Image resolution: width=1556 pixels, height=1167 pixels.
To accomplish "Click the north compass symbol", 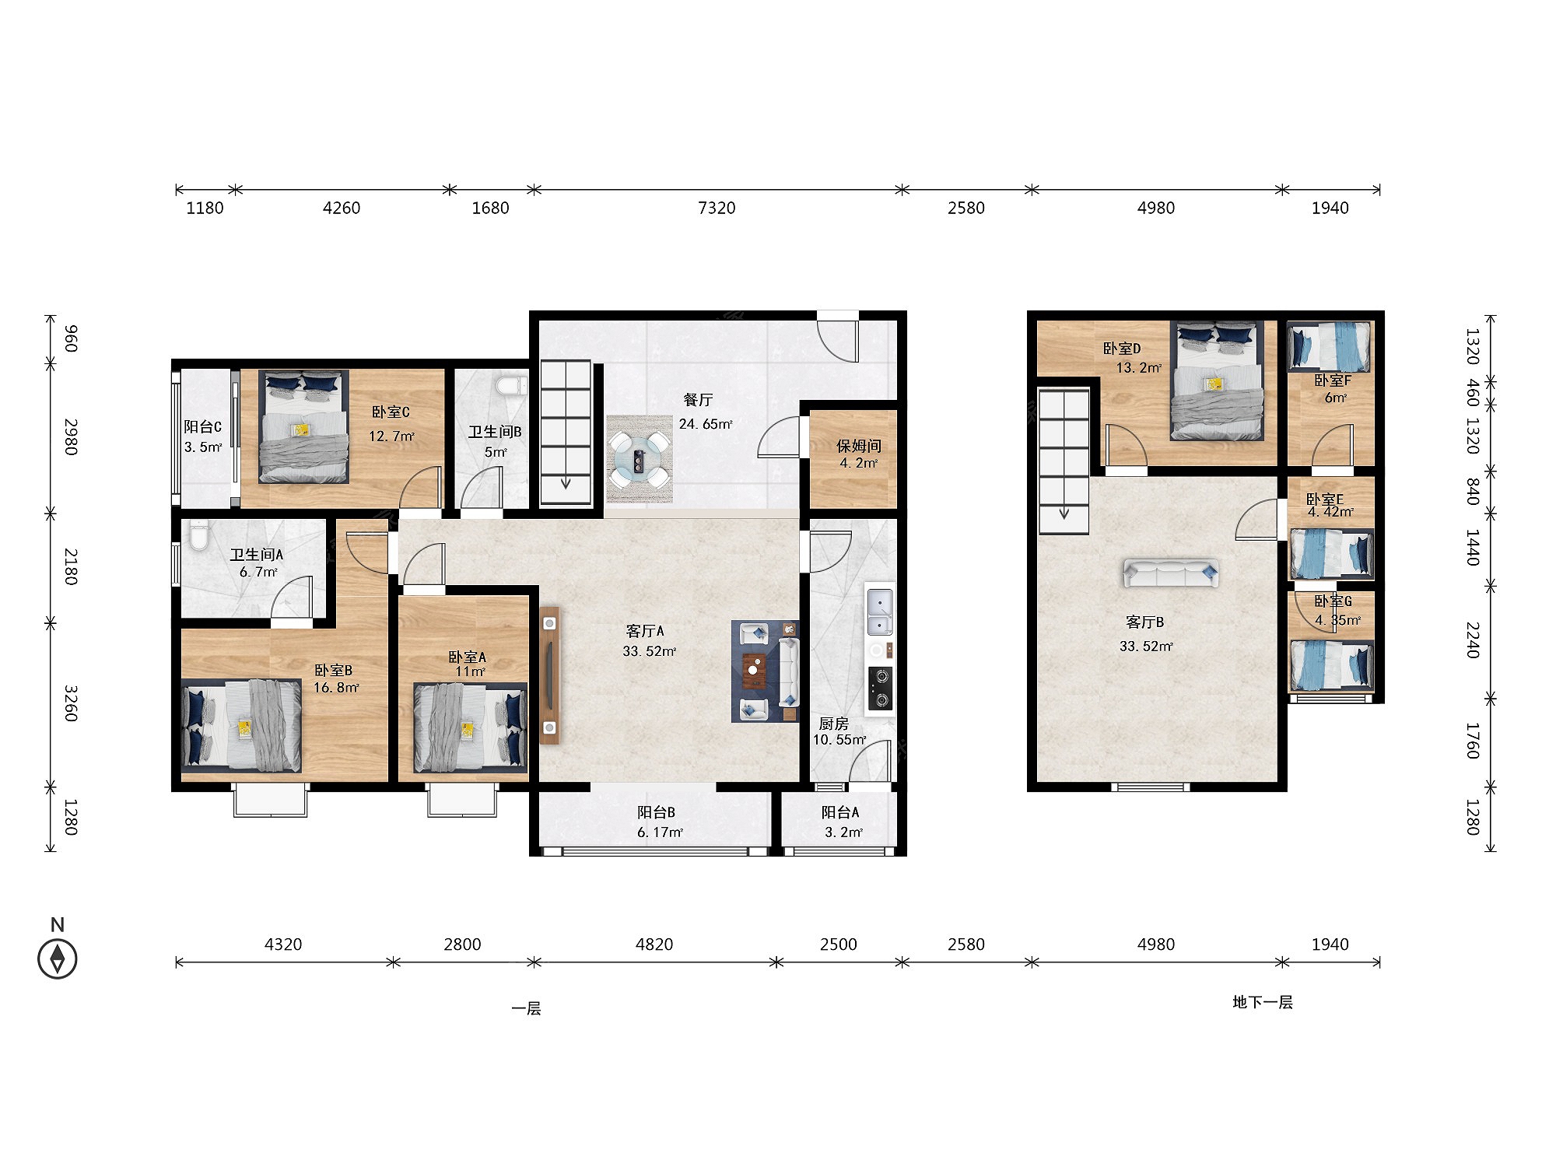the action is pyautogui.click(x=58, y=958).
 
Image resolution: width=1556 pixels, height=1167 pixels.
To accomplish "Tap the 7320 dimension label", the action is pyautogui.click(x=717, y=208).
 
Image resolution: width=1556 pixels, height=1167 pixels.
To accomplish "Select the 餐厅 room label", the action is pyautogui.click(x=698, y=400).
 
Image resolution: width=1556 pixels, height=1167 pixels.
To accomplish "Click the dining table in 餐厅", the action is pyautogui.click(x=640, y=460).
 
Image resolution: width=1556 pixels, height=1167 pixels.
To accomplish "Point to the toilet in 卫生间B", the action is pyautogui.click(x=511, y=385).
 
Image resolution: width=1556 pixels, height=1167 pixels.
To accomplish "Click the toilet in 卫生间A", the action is pyautogui.click(x=200, y=535).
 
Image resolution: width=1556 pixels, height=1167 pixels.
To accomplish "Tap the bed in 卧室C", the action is pyautogui.click(x=303, y=426).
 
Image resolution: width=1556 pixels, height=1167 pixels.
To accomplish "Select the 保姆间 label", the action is pyautogui.click(x=859, y=445).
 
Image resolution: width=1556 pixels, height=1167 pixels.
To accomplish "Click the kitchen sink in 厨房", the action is pyautogui.click(x=880, y=612).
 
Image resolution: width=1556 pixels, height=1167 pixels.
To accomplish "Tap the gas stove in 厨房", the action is pyautogui.click(x=881, y=688).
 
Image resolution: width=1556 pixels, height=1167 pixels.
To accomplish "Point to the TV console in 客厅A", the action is pyautogui.click(x=550, y=675).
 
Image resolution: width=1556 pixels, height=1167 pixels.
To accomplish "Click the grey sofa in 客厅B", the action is pyautogui.click(x=1170, y=573).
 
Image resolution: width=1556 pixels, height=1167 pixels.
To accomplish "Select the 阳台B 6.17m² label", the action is pyautogui.click(x=659, y=822).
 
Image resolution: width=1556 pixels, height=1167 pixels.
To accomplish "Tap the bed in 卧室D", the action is pyautogui.click(x=1218, y=380).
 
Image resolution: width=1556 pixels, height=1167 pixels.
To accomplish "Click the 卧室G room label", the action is pyautogui.click(x=1333, y=601).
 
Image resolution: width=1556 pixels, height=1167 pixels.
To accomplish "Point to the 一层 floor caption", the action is pyautogui.click(x=526, y=1008).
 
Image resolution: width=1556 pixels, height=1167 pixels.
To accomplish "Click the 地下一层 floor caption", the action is pyautogui.click(x=1263, y=1002).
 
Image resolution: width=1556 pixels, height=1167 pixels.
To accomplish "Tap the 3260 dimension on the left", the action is pyautogui.click(x=71, y=703).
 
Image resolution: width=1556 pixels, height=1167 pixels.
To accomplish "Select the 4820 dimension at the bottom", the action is pyautogui.click(x=654, y=944).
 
